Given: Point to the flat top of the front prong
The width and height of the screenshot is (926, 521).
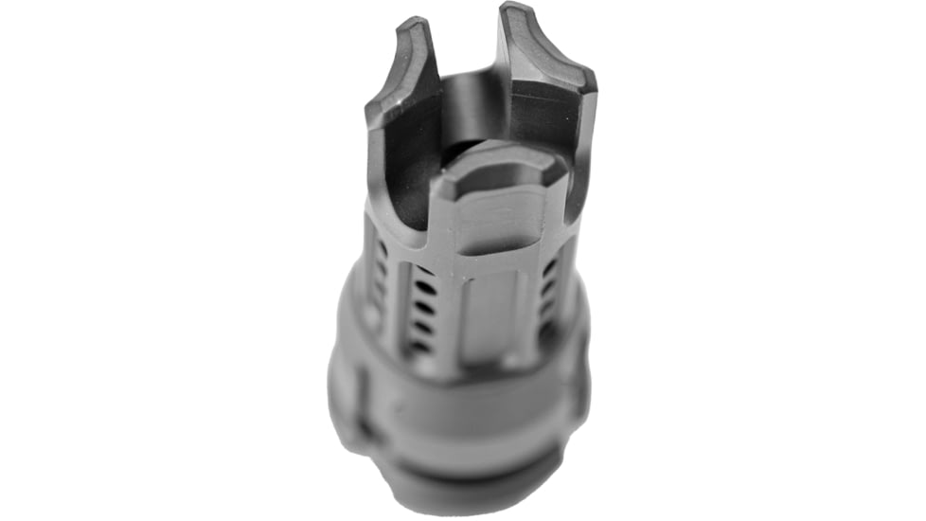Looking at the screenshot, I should coord(495,171).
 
